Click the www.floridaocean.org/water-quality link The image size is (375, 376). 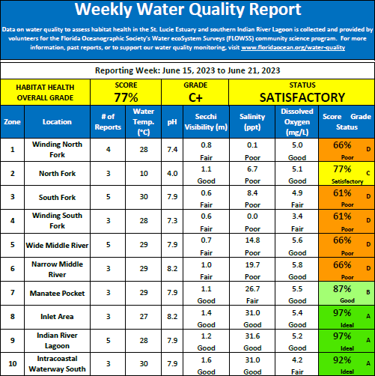[293, 47]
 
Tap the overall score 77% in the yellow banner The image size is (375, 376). [126, 97]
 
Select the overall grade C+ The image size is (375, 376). [195, 97]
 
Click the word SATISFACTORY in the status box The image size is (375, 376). [302, 97]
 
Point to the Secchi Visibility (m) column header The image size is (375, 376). [206, 122]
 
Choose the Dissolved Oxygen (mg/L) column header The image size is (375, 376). [297, 122]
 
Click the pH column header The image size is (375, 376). [172, 122]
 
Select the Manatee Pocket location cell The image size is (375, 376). [57, 293]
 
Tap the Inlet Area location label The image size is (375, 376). [57, 317]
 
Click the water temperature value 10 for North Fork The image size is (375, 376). [144, 174]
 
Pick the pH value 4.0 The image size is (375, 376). [172, 174]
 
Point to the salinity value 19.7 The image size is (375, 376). [252, 265]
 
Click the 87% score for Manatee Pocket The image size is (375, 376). [342, 289]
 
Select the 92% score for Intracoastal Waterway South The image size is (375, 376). [342, 360]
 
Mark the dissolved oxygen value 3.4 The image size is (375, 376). [297, 216]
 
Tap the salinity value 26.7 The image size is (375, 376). [252, 289]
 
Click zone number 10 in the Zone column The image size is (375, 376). [13, 364]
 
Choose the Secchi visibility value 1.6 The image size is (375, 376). [207, 360]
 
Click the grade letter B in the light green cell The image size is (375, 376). [368, 292]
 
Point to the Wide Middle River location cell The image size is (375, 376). [57, 245]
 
